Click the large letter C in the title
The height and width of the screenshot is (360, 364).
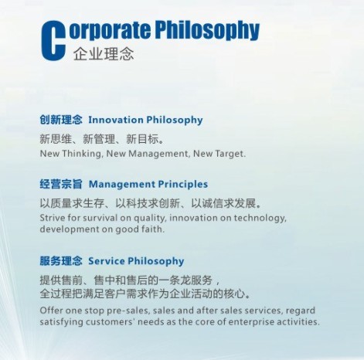53,38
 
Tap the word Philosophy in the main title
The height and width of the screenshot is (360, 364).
208,30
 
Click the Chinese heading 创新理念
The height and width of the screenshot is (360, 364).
61,120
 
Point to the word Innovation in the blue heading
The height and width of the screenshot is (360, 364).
116,120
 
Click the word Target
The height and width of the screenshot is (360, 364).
226,154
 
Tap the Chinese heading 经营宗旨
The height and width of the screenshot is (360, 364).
61,185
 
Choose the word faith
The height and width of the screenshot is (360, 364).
154,229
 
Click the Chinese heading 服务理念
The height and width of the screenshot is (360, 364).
61,261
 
